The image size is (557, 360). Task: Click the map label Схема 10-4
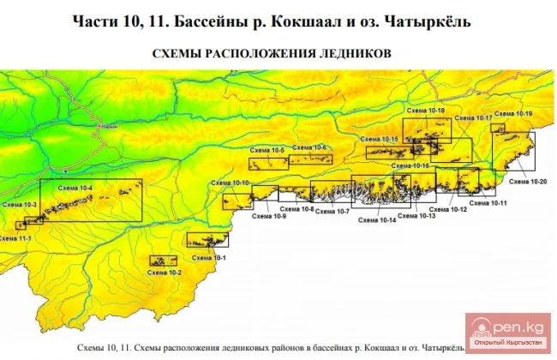[x=76, y=186]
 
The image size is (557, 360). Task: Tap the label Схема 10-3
[x=20, y=205]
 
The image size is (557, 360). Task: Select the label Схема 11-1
[x=16, y=238]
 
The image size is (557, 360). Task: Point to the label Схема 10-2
[x=164, y=272]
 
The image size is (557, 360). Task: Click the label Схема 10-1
[x=208, y=257]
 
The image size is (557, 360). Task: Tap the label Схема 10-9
[x=268, y=216]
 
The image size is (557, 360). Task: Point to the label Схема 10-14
[x=378, y=220]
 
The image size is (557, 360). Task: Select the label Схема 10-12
[x=447, y=209]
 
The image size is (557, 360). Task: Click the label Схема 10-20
[x=526, y=182]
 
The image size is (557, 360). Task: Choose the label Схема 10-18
[x=427, y=111]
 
